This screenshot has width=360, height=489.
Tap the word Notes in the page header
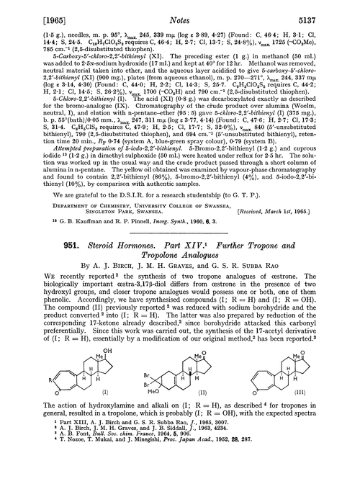(x=184, y=11)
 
